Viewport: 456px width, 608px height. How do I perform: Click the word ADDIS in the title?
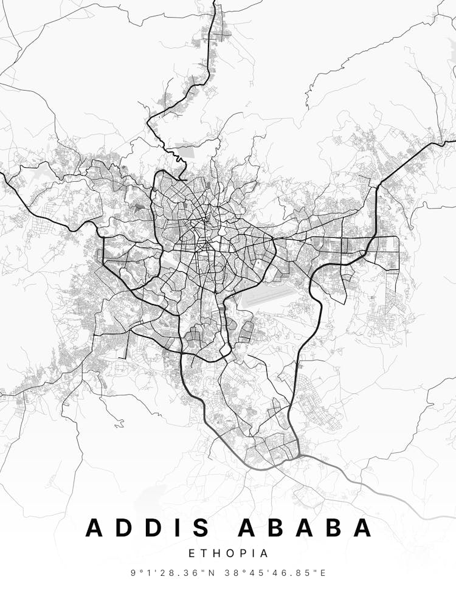(x=150, y=528)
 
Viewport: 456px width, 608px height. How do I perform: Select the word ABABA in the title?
(x=305, y=528)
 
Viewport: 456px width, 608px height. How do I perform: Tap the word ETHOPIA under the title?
(x=228, y=554)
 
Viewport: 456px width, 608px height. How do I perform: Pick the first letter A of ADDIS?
(x=95, y=528)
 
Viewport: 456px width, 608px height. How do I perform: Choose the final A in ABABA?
(x=362, y=528)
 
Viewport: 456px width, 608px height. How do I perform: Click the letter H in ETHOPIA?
(x=216, y=554)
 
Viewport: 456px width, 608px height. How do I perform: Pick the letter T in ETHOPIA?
(x=205, y=554)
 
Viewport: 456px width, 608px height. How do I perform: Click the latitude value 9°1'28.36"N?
(x=170, y=573)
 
